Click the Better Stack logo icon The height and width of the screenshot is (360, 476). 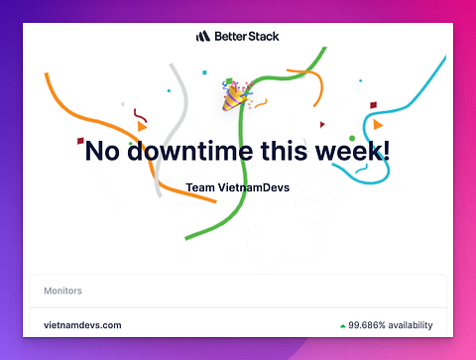click(x=203, y=36)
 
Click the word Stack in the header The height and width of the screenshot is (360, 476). click(x=264, y=36)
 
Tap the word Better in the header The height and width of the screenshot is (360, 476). click(x=230, y=36)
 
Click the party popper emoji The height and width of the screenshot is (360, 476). click(x=236, y=95)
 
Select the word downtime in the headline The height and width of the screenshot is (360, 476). click(x=191, y=151)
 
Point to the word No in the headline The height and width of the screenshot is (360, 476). click(x=102, y=151)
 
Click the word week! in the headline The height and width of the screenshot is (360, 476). click(x=352, y=151)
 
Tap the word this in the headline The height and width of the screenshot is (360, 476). click(x=285, y=151)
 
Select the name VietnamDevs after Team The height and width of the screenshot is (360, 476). click(x=254, y=187)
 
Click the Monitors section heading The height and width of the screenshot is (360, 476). click(x=62, y=291)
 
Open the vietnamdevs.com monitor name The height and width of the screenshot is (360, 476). click(x=82, y=325)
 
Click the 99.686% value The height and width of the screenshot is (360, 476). click(x=367, y=325)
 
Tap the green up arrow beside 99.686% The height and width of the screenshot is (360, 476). click(x=343, y=326)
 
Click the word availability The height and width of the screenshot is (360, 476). click(x=411, y=325)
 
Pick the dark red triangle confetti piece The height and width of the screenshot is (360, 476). click(x=322, y=124)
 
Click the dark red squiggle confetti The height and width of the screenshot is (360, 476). click(x=140, y=115)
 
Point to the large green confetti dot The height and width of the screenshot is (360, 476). click(x=352, y=138)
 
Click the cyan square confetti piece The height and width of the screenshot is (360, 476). click(x=204, y=72)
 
